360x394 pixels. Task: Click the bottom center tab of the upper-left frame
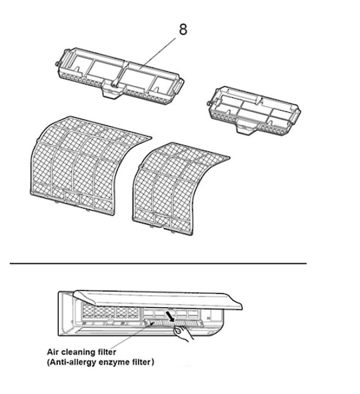tap(112, 94)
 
